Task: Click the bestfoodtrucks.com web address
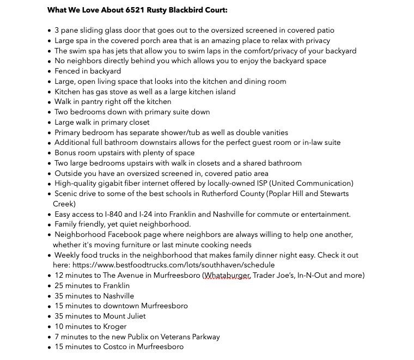(x=173, y=265)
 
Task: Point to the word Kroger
(x=115, y=327)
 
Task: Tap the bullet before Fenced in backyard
(x=50, y=71)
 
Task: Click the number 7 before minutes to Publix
(x=57, y=337)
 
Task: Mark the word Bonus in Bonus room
(x=65, y=153)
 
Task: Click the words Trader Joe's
(x=273, y=276)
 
